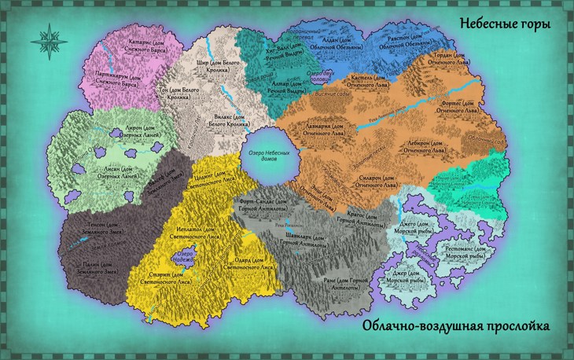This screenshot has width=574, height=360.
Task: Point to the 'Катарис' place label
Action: click(141, 37)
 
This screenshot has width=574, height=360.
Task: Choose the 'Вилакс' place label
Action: click(227, 119)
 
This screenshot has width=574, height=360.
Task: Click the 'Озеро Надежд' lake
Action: click(184, 255)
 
